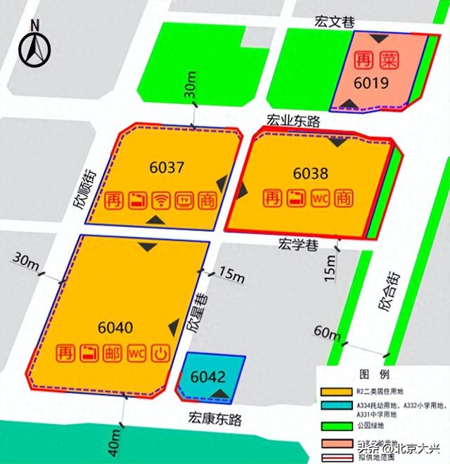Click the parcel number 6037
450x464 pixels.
pos(167,168)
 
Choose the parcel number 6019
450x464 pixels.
pos(373,84)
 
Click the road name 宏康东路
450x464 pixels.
pos(215,419)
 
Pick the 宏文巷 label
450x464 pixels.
pos(334,22)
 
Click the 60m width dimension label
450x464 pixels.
pos(327,332)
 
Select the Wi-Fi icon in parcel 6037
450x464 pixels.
pos(161,200)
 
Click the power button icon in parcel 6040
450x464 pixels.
pos(161,353)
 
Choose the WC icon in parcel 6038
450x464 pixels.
pos(320,197)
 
